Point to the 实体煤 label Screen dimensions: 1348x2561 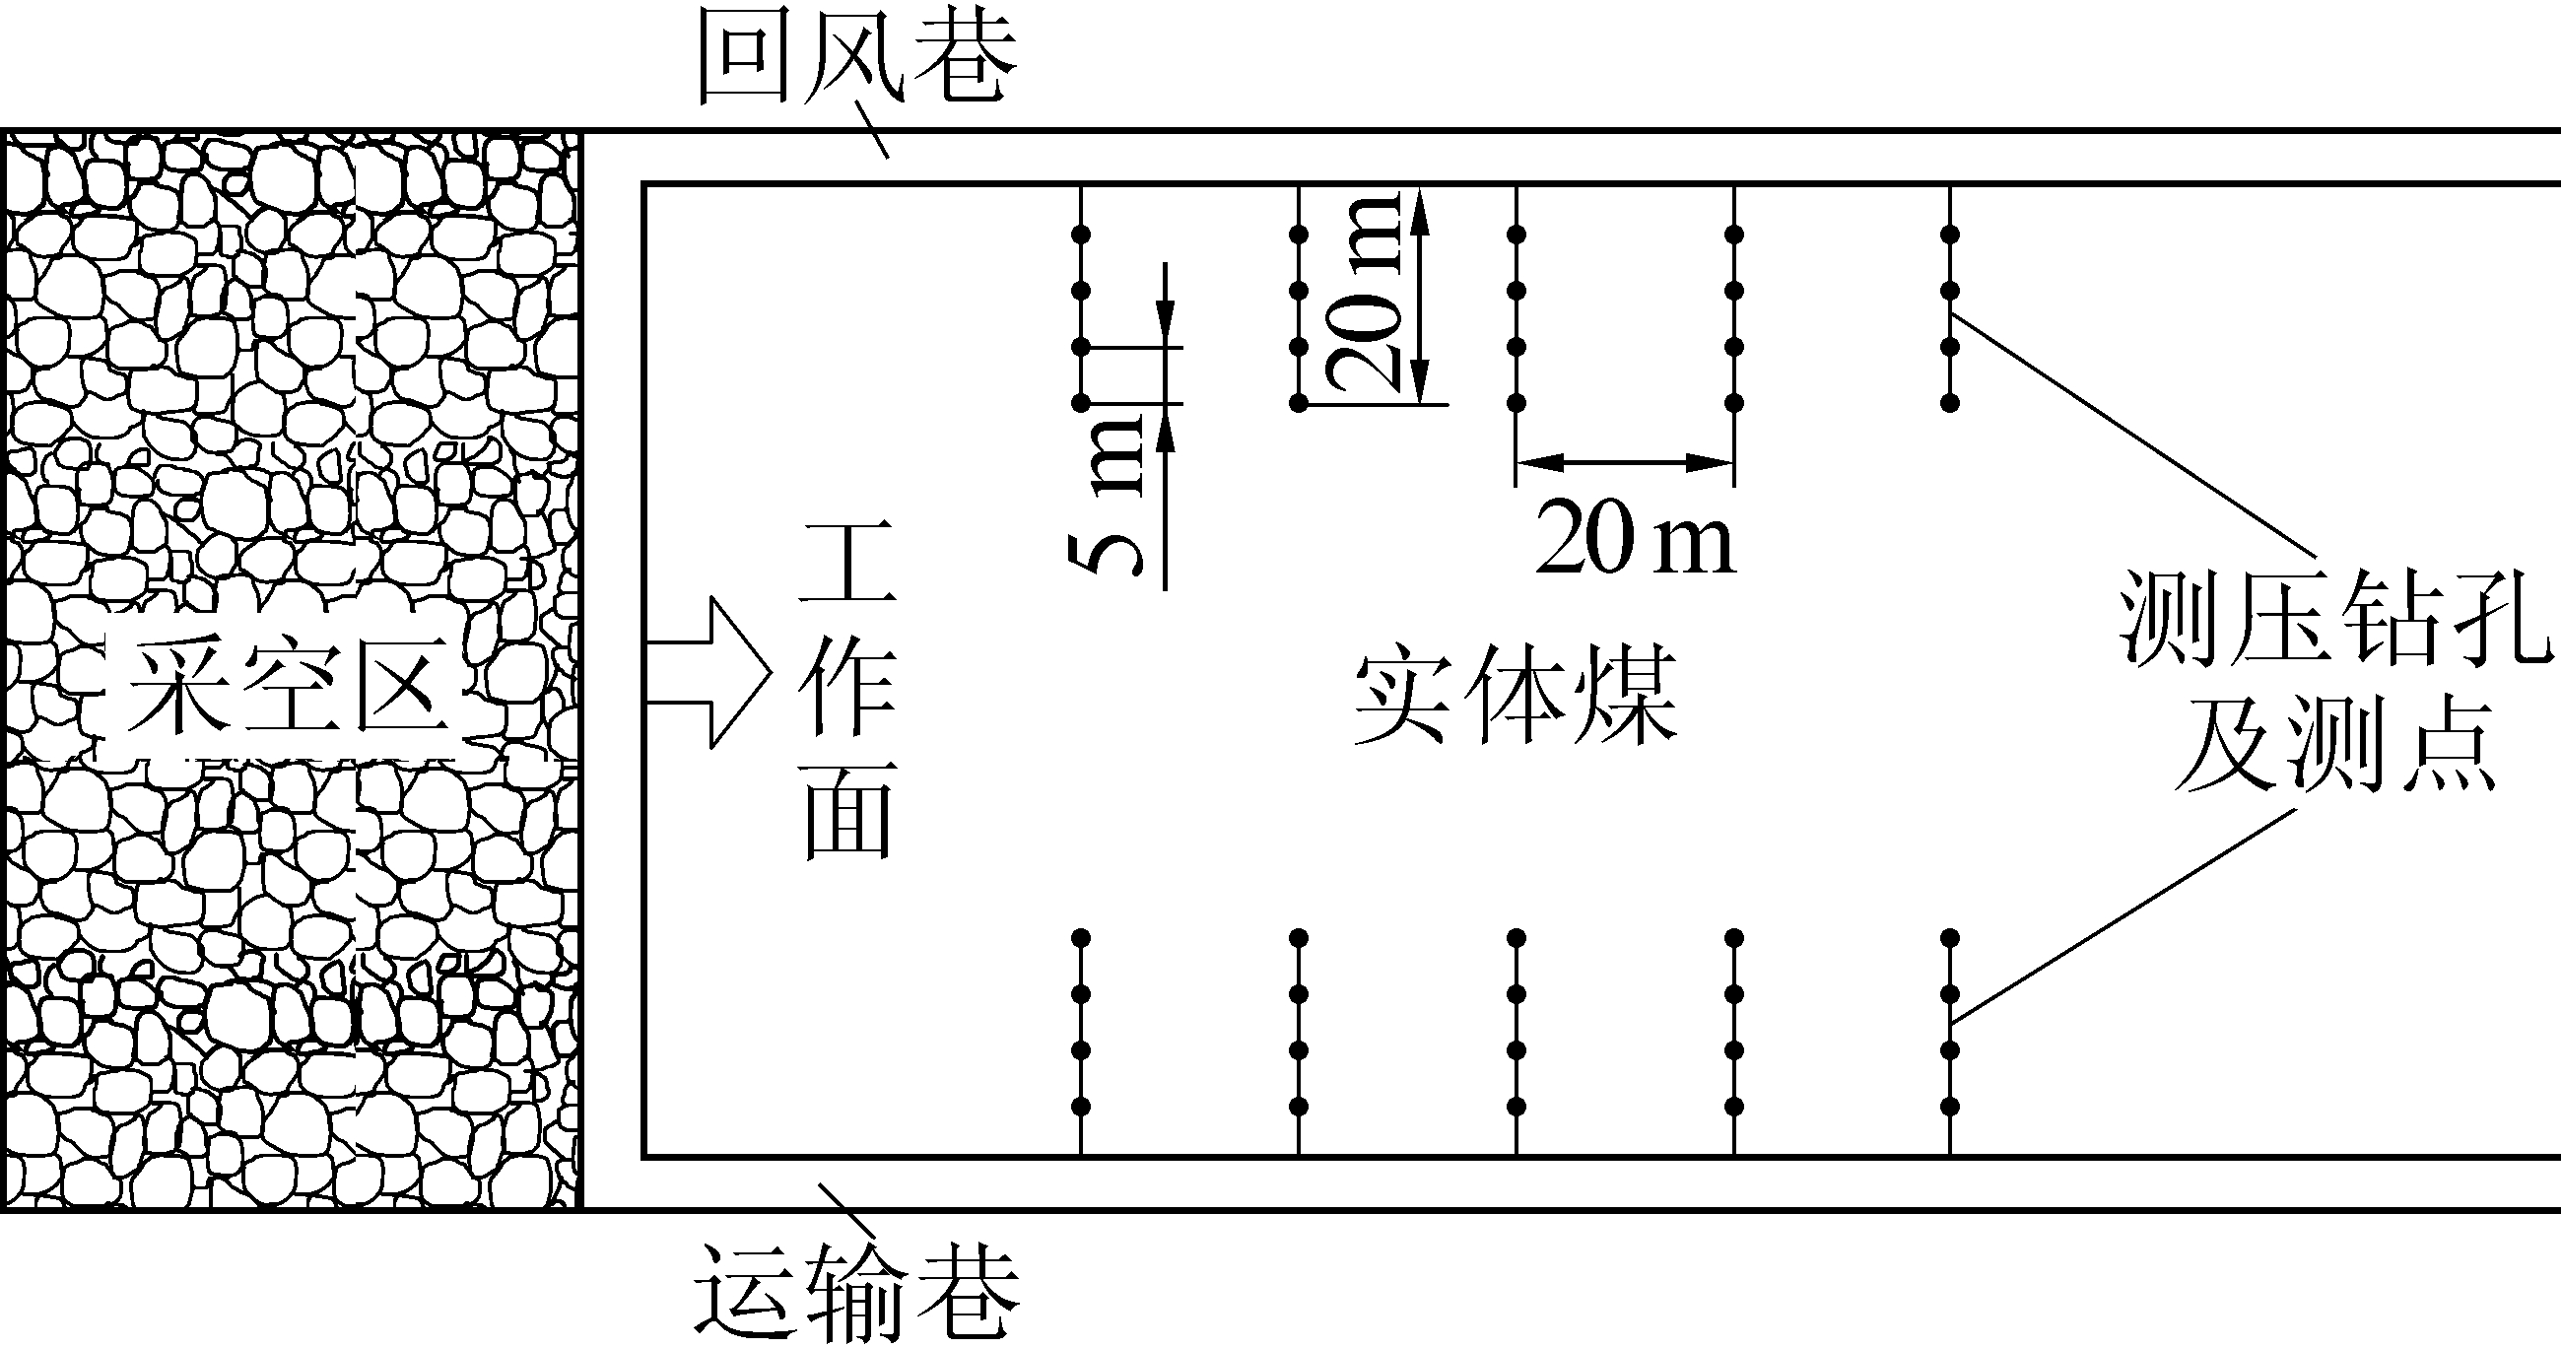point(1516,696)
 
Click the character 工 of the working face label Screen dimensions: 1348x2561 point(848,563)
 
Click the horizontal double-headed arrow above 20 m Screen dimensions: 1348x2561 point(1625,462)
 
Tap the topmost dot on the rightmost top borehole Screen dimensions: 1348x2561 point(1951,235)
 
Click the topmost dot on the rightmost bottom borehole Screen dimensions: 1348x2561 point(1951,937)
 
